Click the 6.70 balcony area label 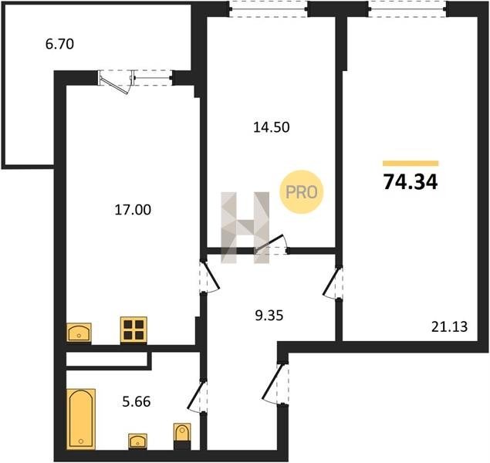(59, 44)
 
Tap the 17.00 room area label (133, 210)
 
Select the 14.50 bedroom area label (272, 127)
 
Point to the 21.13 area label (450, 326)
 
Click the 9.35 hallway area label (269, 316)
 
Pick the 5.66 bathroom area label (137, 402)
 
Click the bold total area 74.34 (411, 182)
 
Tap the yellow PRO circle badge (301, 192)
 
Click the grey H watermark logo (245, 228)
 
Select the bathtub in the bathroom (81, 419)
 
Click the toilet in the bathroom (182, 436)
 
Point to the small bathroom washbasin (138, 441)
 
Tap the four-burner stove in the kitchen (133, 330)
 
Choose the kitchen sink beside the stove (79, 333)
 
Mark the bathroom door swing (197, 396)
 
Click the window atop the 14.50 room (268, 8)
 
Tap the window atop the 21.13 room (407, 8)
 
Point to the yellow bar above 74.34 (411, 164)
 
